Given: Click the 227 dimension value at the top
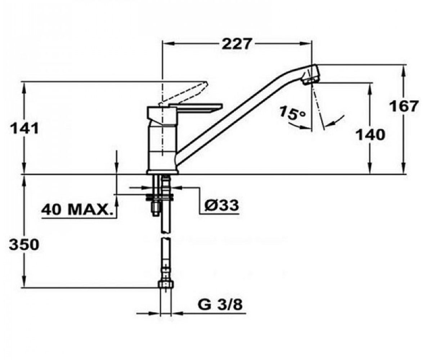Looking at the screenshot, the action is coord(237,44).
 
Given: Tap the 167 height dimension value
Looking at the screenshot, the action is coord(404,106).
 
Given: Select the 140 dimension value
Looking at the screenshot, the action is coord(370,135).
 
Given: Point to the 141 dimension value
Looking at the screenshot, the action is coord(24,128).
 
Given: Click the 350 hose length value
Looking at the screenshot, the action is coord(24,244).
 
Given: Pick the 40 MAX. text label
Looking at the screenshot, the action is coord(76,210).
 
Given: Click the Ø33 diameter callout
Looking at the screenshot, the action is coord(222,205).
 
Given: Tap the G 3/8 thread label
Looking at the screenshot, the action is coord(220,304).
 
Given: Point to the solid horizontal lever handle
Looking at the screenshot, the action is coord(197,108).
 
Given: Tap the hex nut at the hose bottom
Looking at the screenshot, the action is coord(166,284).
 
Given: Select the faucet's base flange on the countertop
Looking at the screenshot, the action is coord(162,172).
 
